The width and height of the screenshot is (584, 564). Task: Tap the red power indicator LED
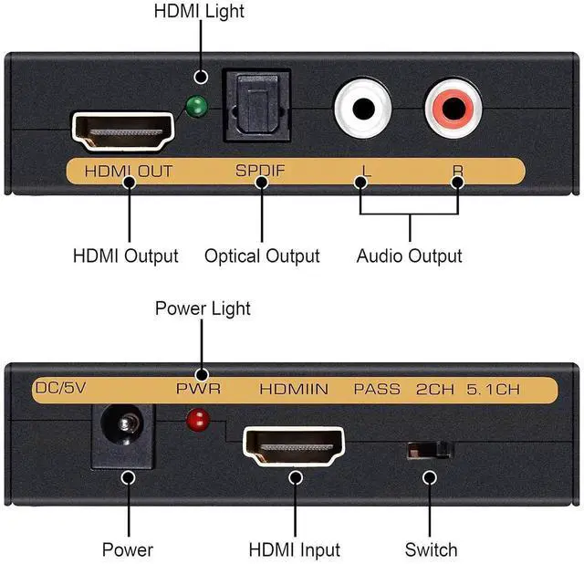pos(193,422)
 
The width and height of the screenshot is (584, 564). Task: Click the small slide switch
pos(429,449)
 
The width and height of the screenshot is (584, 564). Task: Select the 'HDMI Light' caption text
pos(200,12)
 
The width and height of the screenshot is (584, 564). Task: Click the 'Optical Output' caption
pos(262,256)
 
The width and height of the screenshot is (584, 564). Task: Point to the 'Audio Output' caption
pos(409,256)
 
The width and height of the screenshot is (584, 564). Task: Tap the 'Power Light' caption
pos(203,308)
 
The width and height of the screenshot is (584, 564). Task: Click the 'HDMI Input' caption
pos(294,550)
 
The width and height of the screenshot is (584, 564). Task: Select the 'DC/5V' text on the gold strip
pos(59,389)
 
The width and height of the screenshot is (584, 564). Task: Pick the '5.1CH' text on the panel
pos(495,389)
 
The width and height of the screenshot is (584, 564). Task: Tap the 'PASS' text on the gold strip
pos(377,389)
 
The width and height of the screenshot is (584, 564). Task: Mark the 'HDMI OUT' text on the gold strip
pos(128,171)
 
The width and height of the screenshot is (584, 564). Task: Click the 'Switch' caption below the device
pos(431,550)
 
